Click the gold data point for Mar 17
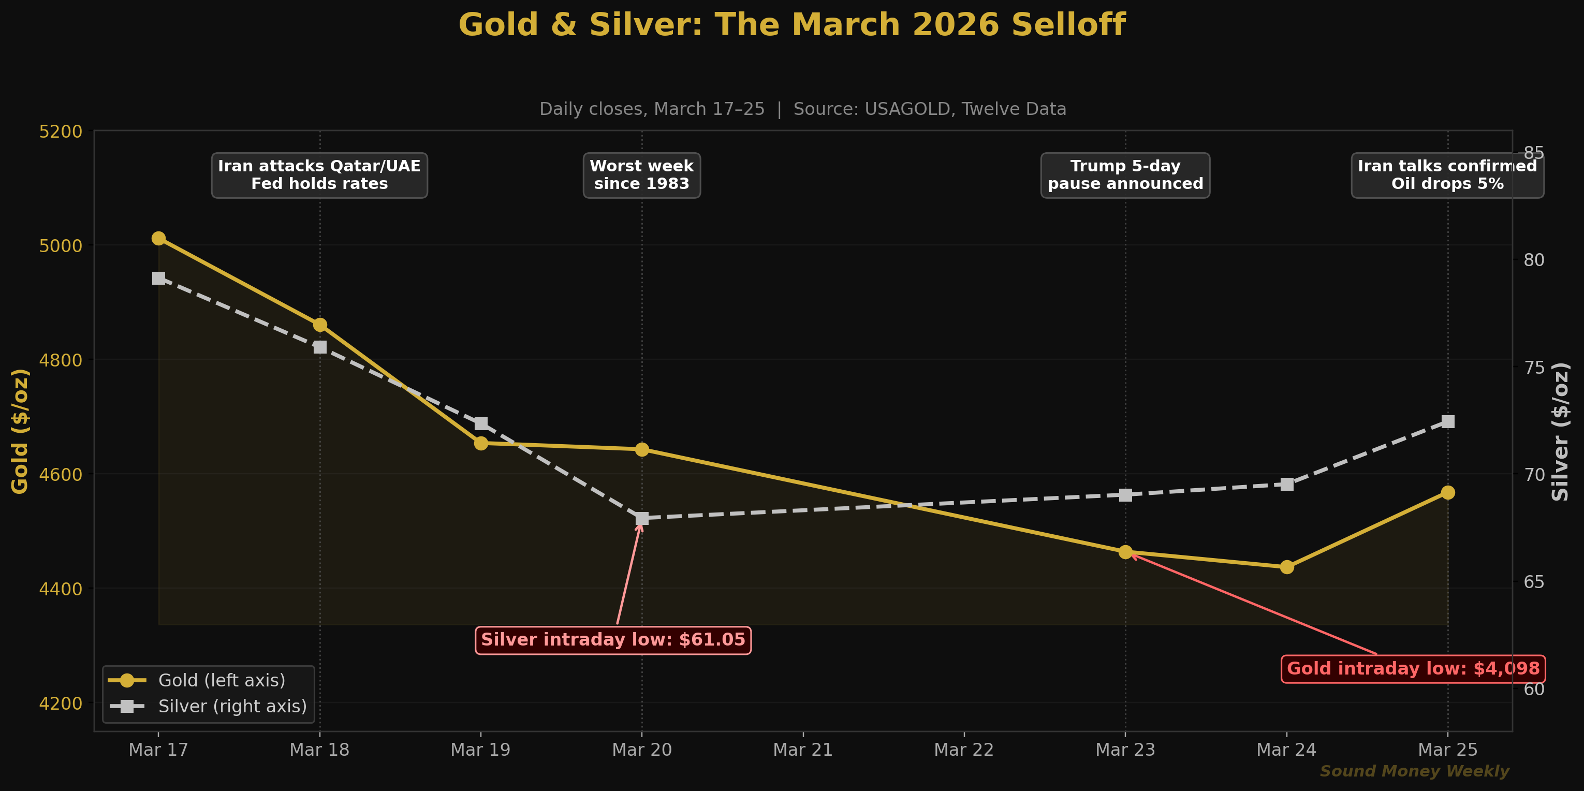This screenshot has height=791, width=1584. (x=158, y=238)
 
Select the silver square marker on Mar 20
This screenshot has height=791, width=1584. (x=642, y=519)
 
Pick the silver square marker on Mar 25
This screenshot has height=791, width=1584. (x=1448, y=421)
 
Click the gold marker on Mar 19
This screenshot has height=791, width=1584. (x=481, y=443)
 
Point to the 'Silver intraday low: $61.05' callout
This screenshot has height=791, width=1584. (x=612, y=640)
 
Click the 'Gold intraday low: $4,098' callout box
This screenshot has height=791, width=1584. (x=1413, y=669)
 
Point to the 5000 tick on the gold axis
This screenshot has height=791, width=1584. (x=60, y=245)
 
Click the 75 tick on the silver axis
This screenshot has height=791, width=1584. (x=1534, y=367)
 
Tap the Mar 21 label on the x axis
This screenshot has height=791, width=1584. (x=802, y=750)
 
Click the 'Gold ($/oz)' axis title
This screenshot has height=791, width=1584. (x=20, y=431)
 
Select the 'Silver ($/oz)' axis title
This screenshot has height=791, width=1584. (x=1560, y=431)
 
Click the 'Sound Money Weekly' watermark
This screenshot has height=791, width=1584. (x=1414, y=771)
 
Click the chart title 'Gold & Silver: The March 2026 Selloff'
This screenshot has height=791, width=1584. (x=792, y=25)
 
